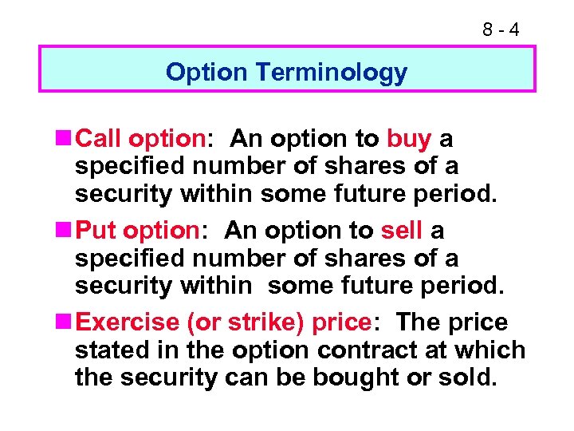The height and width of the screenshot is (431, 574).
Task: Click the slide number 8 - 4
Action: [x=501, y=30]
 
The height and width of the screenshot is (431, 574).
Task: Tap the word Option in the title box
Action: [x=206, y=73]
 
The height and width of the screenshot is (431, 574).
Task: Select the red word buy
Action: [x=409, y=140]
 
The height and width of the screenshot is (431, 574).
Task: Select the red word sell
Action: [x=402, y=231]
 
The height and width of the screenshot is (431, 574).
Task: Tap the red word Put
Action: [x=96, y=231]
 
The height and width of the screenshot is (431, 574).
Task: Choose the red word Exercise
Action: [x=130, y=323]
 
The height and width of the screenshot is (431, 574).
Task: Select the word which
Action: [x=496, y=350]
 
